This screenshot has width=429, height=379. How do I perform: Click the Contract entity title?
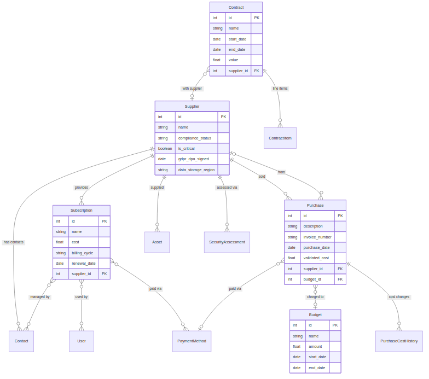click(x=236, y=7)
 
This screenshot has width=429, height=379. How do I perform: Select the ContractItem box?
click(x=280, y=138)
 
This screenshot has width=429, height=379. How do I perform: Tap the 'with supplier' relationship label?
click(x=192, y=88)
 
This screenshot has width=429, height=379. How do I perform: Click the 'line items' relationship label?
click(x=280, y=88)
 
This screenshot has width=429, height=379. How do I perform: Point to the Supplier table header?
click(x=192, y=106)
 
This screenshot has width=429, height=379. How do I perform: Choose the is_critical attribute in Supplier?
click(x=187, y=148)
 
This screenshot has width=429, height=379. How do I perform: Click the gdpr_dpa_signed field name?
click(x=193, y=159)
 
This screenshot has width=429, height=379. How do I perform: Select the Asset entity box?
click(x=157, y=242)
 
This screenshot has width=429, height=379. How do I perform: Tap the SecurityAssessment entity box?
click(x=227, y=242)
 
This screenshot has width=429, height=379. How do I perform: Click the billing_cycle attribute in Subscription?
click(x=83, y=253)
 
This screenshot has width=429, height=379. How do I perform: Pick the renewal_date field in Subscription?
click(x=84, y=263)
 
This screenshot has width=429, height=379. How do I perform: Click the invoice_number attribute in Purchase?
click(x=317, y=237)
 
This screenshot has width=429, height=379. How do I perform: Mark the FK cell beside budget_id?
click(x=340, y=279)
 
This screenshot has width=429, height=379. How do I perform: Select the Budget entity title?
click(x=315, y=314)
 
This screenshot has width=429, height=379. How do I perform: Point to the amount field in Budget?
click(x=315, y=346)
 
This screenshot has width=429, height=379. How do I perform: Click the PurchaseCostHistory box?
click(x=399, y=341)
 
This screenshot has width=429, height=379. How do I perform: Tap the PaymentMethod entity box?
click(x=192, y=341)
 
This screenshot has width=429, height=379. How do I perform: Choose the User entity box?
click(x=81, y=341)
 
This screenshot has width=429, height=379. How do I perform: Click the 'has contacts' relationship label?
click(x=14, y=242)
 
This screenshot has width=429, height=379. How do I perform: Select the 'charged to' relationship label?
click(x=315, y=296)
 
